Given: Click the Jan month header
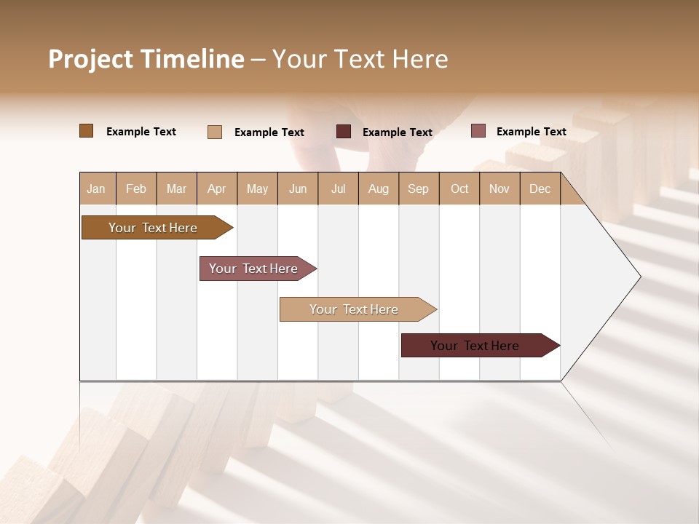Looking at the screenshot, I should tap(96, 188).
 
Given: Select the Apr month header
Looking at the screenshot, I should tap(216, 188).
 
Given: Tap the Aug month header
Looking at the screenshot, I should tap(378, 188).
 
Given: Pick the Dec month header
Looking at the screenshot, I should tap(540, 188).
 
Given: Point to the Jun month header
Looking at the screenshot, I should tap(297, 188).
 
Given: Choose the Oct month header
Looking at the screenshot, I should tap(459, 188).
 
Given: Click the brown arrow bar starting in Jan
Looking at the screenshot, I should tap(153, 228).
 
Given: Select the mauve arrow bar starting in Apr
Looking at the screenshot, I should tap(253, 269).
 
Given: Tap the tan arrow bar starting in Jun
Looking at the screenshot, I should tap(354, 309).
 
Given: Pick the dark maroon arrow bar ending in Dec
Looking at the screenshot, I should tap(475, 346).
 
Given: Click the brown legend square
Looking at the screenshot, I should tap(87, 131).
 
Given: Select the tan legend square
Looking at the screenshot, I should tap(215, 132).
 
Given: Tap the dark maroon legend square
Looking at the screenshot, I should tap(344, 132).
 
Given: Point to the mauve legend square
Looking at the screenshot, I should tap(478, 131).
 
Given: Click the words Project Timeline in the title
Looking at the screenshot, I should tap(146, 59).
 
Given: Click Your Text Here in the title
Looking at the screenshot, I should tap(360, 59).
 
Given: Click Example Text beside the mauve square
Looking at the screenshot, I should tap(531, 132).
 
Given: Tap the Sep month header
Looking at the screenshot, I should tap(418, 188).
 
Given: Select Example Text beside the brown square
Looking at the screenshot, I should tap(141, 132).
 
